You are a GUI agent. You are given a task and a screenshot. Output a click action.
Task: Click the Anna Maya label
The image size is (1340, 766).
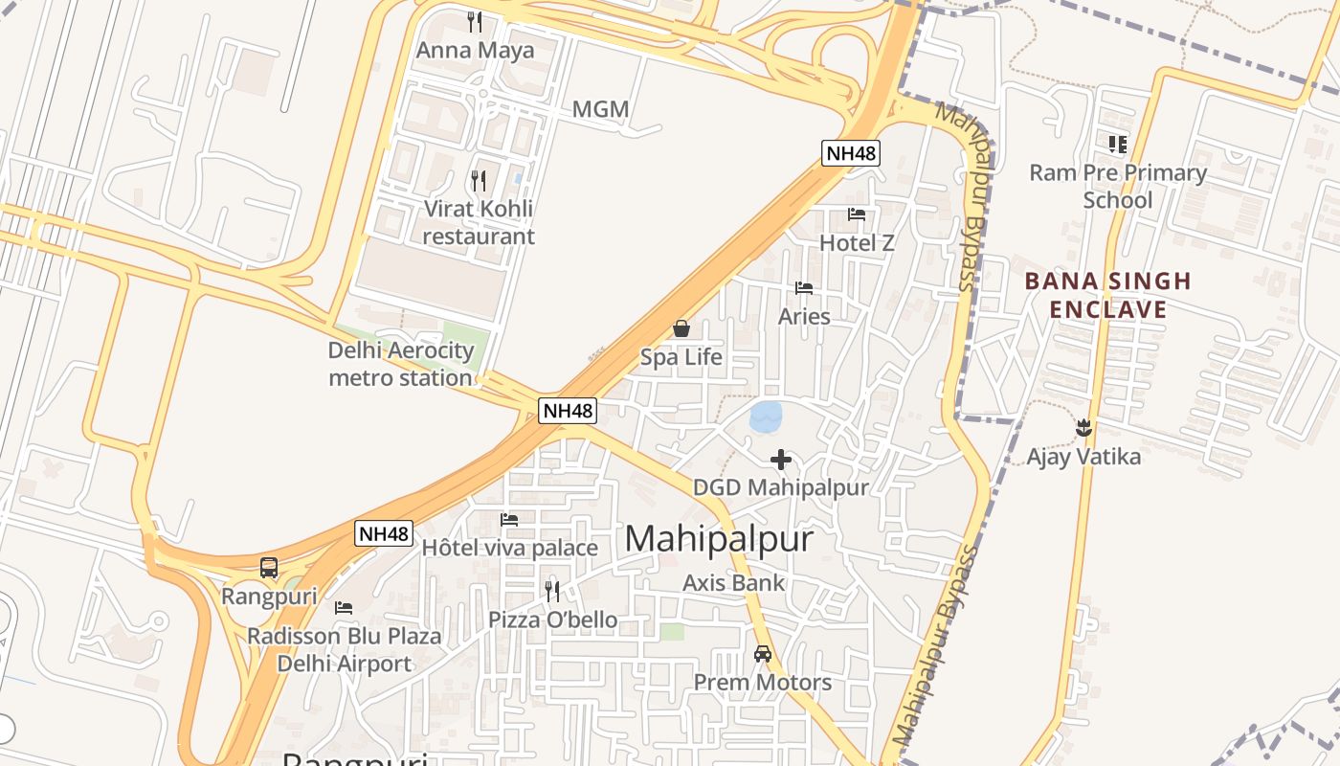click(x=475, y=50)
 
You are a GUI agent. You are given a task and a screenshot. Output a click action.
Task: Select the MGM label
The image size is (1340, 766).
click(x=600, y=109)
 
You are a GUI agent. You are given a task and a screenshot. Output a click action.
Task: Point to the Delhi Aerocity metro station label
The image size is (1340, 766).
click(x=401, y=364)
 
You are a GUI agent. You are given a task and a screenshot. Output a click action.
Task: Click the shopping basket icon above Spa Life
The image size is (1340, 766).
click(x=681, y=329)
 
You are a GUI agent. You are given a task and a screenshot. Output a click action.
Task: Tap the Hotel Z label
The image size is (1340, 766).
click(x=857, y=243)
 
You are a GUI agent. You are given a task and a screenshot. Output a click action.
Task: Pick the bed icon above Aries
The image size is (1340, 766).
click(x=804, y=288)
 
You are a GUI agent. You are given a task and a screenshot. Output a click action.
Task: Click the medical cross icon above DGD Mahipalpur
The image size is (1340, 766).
click(x=781, y=461)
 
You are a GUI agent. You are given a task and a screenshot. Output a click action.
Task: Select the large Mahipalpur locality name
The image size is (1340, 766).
click(x=719, y=539)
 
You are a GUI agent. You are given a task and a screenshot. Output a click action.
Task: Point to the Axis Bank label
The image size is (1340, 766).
click(x=733, y=582)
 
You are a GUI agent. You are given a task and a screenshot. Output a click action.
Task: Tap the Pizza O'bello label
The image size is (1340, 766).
click(x=552, y=620)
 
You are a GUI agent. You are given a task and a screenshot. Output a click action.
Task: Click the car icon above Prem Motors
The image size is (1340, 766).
click(x=763, y=654)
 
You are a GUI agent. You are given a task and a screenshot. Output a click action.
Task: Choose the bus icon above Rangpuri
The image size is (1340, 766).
click(x=269, y=568)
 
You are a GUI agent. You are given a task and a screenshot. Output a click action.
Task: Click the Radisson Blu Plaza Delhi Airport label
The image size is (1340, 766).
click(x=345, y=649)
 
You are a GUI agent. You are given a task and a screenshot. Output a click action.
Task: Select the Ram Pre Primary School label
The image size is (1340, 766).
click(x=1118, y=187)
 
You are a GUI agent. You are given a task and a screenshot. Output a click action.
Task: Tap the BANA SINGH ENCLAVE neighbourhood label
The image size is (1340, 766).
click(x=1108, y=295)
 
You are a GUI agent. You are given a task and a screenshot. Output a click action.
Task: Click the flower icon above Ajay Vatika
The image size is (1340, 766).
click(x=1083, y=427)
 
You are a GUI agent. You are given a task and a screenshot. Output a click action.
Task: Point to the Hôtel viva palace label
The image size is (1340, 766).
click(x=509, y=548)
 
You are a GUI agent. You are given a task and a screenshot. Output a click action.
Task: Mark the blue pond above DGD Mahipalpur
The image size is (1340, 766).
click(x=766, y=417)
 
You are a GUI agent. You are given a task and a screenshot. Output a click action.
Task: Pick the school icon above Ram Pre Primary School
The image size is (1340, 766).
click(x=1118, y=145)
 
